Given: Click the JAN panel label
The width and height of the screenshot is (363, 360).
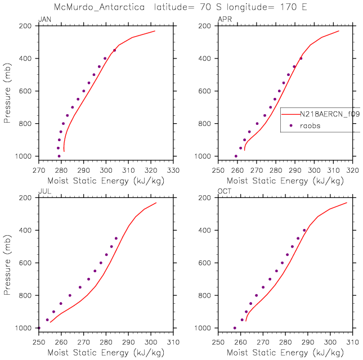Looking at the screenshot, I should pyautogui.click(x=43, y=20).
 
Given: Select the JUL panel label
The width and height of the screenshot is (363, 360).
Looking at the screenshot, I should pyautogui.click(x=43, y=192).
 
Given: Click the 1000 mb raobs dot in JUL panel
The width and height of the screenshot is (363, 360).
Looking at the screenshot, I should pyautogui.click(x=38, y=328).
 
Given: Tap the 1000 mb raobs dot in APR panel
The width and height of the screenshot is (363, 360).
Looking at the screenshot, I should pyautogui.click(x=236, y=156).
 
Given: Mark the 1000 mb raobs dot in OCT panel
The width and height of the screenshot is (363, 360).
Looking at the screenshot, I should pyautogui.click(x=235, y=328).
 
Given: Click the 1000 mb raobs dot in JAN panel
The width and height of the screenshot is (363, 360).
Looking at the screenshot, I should pyautogui.click(x=59, y=156).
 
